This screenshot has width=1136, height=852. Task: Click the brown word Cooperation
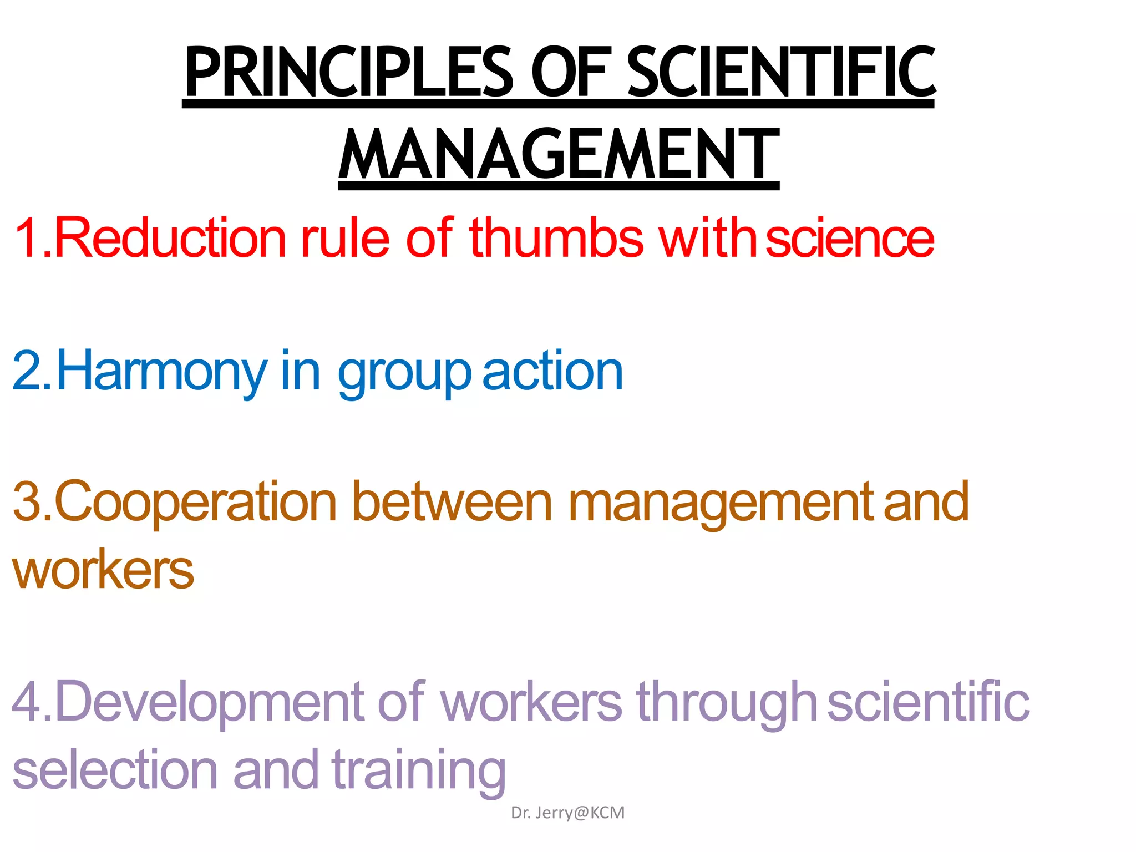195,502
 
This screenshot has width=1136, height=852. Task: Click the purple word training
419,771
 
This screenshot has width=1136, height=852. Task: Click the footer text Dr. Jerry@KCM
567,813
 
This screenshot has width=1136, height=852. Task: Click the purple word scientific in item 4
928,702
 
